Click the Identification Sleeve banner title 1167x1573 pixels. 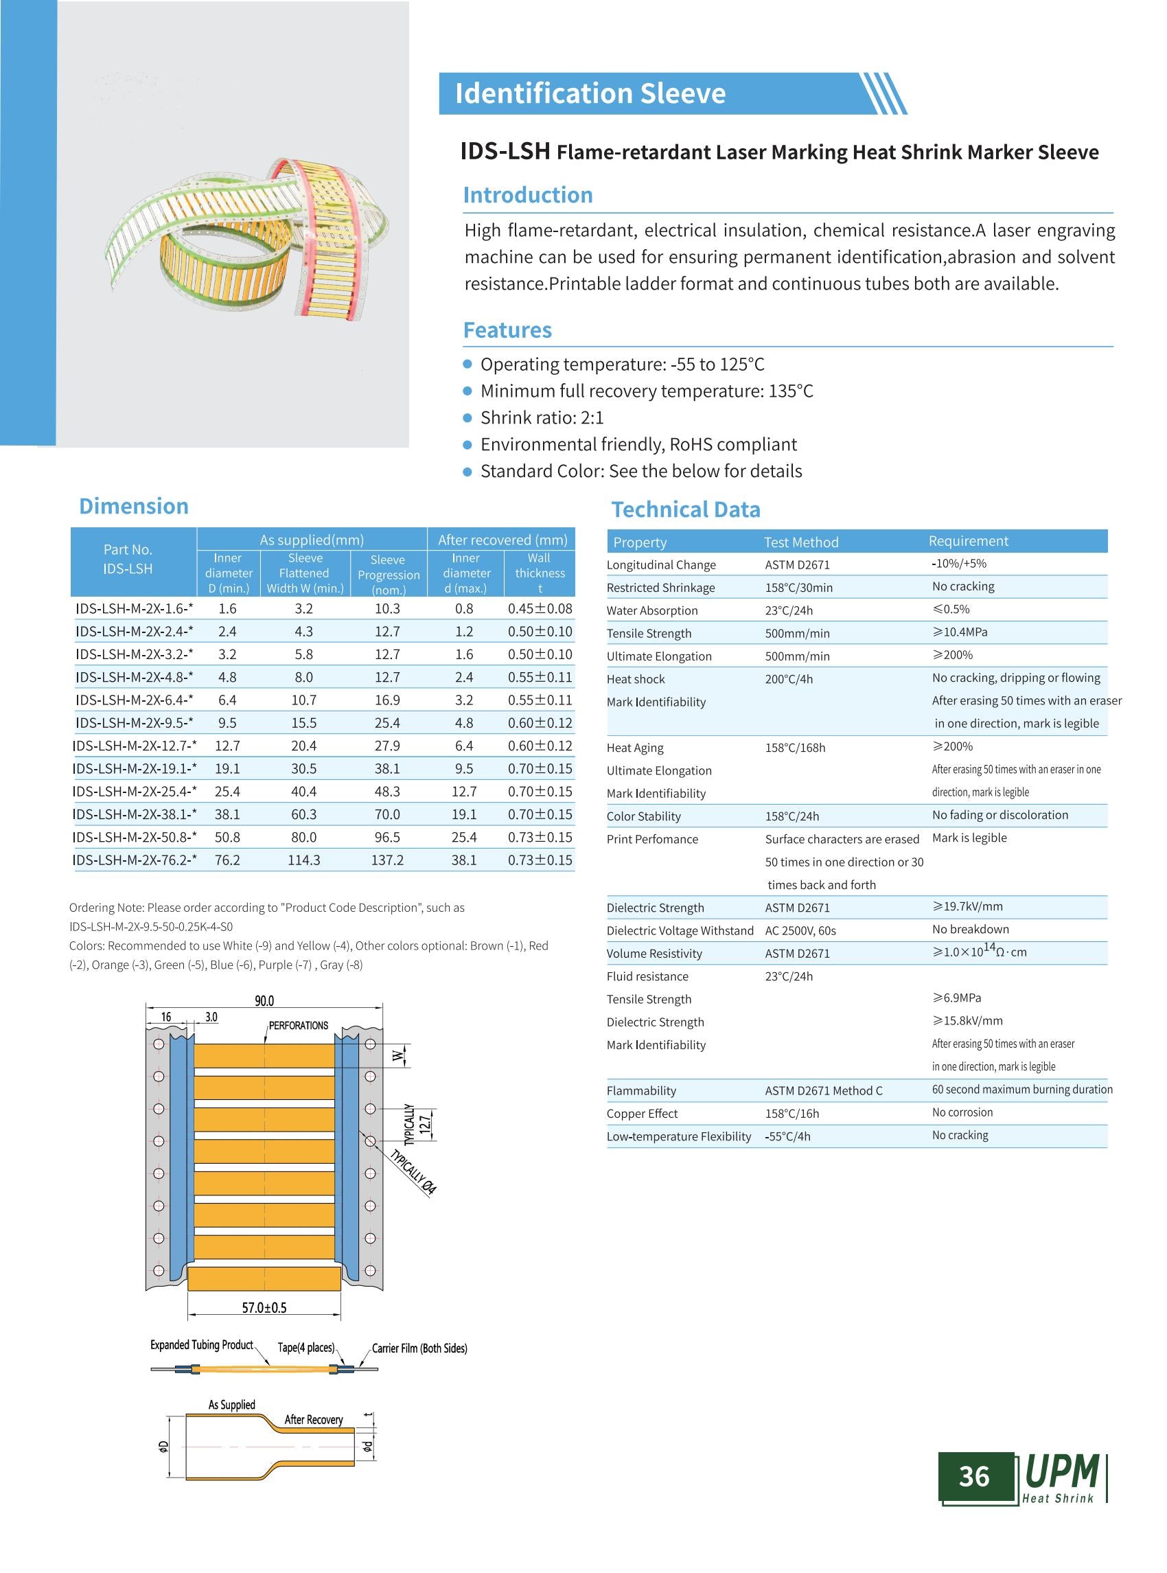pyautogui.click(x=590, y=93)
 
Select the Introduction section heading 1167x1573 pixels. pyautogui.click(x=528, y=195)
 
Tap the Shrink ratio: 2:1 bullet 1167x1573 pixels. pyautogui.click(x=542, y=417)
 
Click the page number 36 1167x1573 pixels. pyautogui.click(x=973, y=1476)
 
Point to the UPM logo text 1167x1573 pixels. pyautogui.click(x=1061, y=1471)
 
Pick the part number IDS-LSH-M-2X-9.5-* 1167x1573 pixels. pyautogui.click(x=135, y=723)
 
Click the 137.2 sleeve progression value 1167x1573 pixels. pyautogui.click(x=387, y=860)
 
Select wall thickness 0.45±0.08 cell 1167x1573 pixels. pyautogui.click(x=540, y=608)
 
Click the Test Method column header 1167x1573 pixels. pyautogui.click(x=800, y=542)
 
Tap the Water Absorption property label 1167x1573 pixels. pyautogui.click(x=652, y=610)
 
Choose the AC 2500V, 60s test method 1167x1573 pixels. pyautogui.click(x=800, y=930)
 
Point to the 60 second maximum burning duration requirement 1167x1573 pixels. pyautogui.click(x=1021, y=1089)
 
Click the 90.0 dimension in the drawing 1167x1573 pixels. pyautogui.click(x=264, y=1000)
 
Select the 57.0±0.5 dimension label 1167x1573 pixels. pyautogui.click(x=264, y=1308)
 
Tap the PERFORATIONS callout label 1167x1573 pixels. pyautogui.click(x=298, y=1025)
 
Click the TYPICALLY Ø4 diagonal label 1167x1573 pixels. pyautogui.click(x=414, y=1171)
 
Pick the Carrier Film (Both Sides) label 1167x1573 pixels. pyautogui.click(x=419, y=1348)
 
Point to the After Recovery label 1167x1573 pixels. pyautogui.click(x=314, y=1420)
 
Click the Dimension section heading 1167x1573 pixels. pyautogui.click(x=133, y=506)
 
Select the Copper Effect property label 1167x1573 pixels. pyautogui.click(x=641, y=1114)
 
